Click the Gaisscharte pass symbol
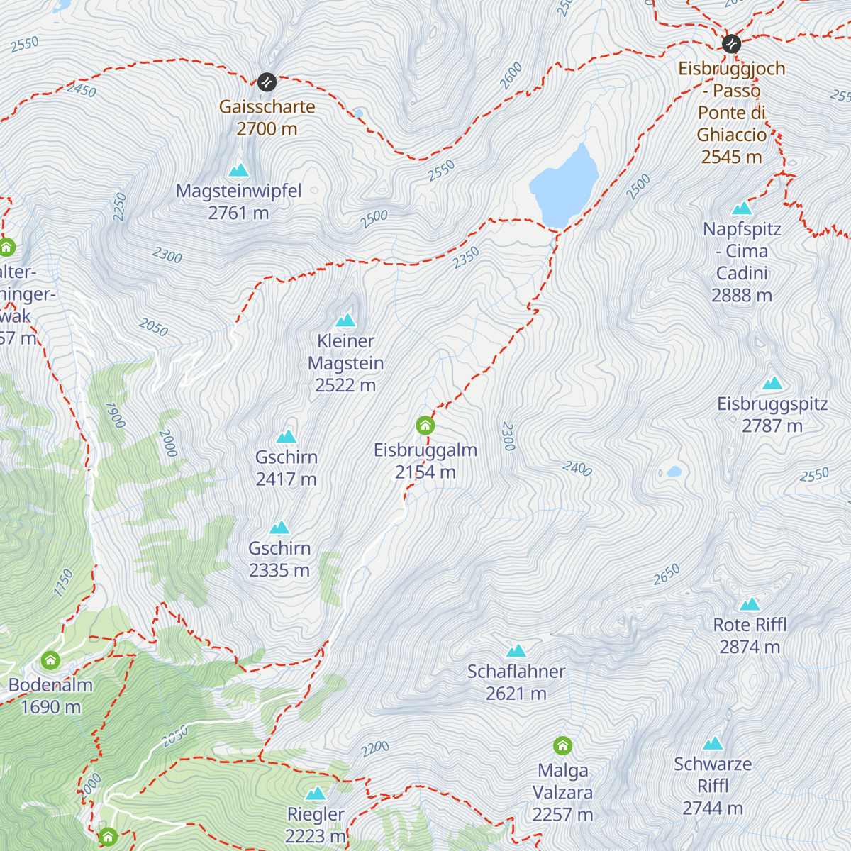(x=267, y=82)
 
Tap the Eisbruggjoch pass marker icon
(x=731, y=44)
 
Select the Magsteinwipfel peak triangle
(x=238, y=170)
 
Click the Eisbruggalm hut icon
(x=425, y=425)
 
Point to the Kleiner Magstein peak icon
(x=345, y=321)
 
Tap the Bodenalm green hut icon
(x=50, y=660)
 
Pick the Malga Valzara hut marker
(x=562, y=746)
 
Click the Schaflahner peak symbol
(x=516, y=651)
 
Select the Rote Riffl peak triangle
(x=750, y=604)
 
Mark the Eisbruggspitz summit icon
(x=772, y=384)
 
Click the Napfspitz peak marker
(x=742, y=208)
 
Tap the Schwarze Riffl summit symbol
(x=713, y=744)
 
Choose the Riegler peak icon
(x=316, y=794)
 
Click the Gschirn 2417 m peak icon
(x=287, y=437)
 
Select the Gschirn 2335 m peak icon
(x=279, y=528)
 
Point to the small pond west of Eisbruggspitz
(x=674, y=472)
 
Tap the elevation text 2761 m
(x=238, y=213)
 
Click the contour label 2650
(x=667, y=575)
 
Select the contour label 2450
(x=81, y=90)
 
